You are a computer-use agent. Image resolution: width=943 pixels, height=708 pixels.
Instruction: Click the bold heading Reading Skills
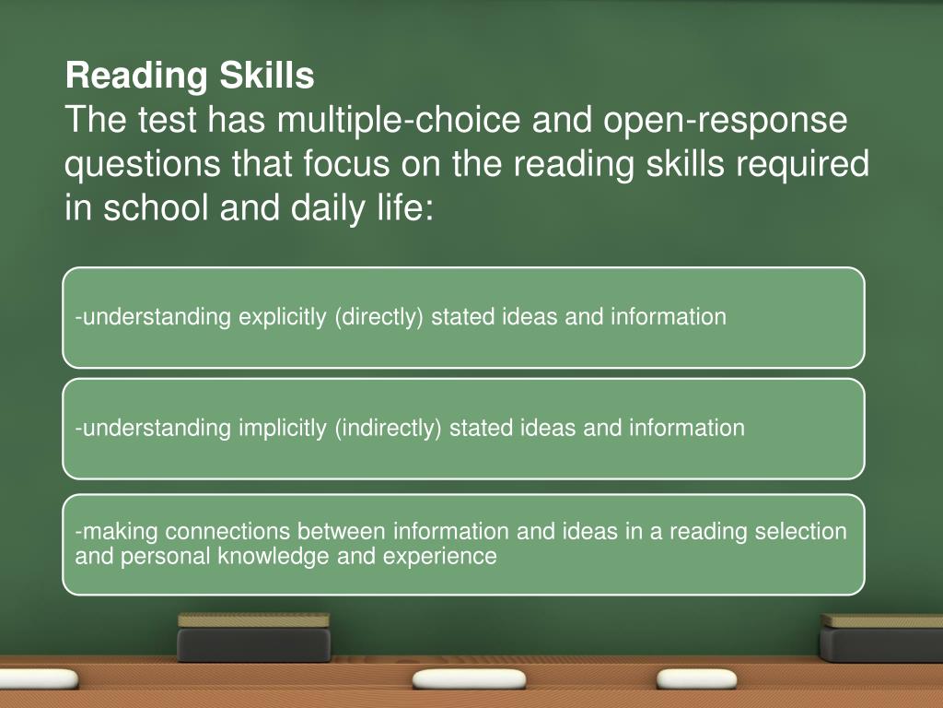click(x=190, y=77)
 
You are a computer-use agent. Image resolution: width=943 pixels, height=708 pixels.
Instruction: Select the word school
click(x=157, y=208)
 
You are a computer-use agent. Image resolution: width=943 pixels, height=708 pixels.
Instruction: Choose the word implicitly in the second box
click(x=282, y=428)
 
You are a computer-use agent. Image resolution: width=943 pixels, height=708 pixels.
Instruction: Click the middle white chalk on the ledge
click(x=455, y=679)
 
